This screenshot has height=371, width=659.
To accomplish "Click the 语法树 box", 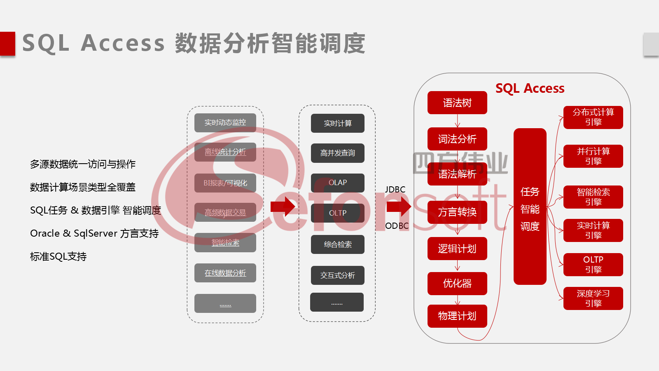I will [x=457, y=103].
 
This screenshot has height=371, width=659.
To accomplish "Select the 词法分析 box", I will [x=457, y=139].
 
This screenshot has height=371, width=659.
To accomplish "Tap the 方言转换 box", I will [x=457, y=212].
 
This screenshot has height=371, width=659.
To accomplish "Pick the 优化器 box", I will [x=457, y=284].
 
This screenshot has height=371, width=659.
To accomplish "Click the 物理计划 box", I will [x=457, y=316].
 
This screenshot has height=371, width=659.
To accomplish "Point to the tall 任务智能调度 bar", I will [x=530, y=207].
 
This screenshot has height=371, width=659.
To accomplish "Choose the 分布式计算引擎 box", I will [x=593, y=117].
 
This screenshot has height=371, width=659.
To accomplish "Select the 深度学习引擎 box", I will [x=593, y=298].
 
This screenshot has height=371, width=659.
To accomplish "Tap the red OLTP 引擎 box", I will [x=593, y=265].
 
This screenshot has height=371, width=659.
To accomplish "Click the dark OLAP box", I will [x=338, y=183].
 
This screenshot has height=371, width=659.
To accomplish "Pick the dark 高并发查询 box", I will [x=338, y=153].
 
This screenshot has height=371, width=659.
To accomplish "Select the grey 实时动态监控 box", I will [x=225, y=122].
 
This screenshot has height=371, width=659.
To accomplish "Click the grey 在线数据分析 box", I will [x=225, y=273].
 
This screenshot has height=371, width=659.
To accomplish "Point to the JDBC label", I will [x=395, y=190].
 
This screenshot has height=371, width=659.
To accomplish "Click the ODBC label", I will [x=397, y=226].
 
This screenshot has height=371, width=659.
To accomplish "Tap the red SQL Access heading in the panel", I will [x=530, y=88].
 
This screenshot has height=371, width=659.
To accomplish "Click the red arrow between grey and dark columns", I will [x=283, y=206].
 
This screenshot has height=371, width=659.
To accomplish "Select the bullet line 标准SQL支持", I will [x=58, y=256].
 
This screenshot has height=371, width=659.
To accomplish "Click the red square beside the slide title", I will [x=7, y=43].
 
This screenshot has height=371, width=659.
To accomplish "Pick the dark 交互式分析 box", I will [x=338, y=275].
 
